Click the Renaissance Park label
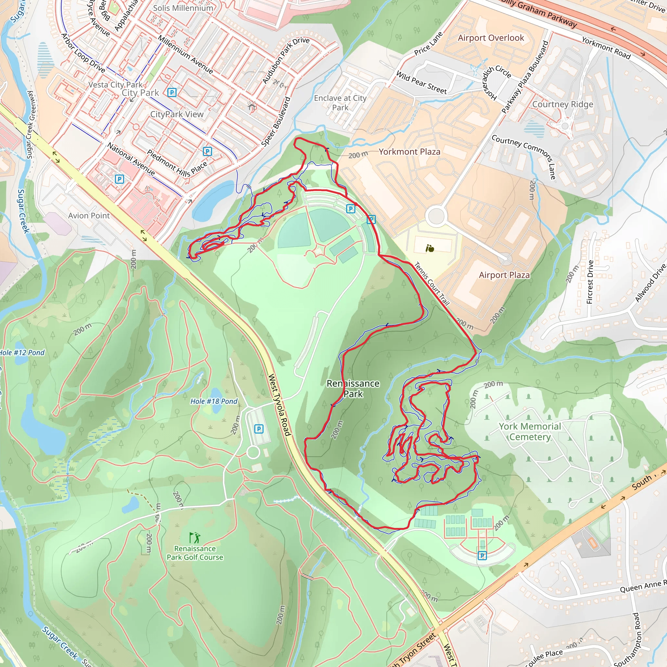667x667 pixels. pos(353,389)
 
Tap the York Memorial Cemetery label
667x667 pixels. pos(530,432)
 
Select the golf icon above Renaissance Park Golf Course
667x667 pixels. pos(194,537)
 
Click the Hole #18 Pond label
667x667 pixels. pos(214,401)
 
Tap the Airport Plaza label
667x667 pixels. pos(504,275)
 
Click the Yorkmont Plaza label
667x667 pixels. pos(409,151)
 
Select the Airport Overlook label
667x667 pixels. pos(490,38)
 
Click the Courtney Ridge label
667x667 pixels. pos(562,104)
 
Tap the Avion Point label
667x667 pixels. pos(89,216)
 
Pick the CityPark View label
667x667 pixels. pos(177,114)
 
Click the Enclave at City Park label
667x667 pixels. pos(340,103)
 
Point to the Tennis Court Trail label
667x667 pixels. pos(432,284)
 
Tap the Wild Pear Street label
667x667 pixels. pos(421,82)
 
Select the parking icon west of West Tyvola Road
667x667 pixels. pos(259,429)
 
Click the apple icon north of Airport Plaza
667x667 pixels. pos(430,248)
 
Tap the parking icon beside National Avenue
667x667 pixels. pos(119,179)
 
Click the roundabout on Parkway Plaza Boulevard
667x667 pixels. pos(436,216)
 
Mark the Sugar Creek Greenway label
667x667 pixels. pos(30,124)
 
